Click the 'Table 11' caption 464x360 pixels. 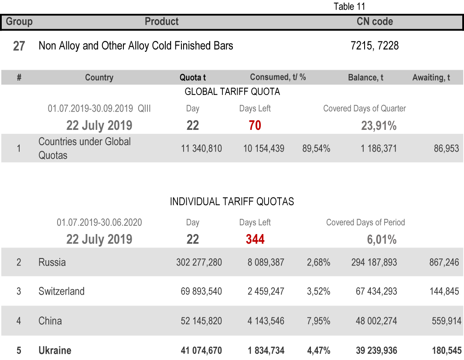coord(349,7)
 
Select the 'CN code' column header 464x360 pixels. coord(375,21)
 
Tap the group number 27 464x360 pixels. coord(19,46)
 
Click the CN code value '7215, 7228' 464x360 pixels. coord(375,46)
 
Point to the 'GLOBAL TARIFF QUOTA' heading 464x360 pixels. coord(232,92)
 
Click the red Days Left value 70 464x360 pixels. coord(255,126)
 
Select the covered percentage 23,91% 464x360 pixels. coord(379,126)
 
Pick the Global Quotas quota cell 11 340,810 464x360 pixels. coord(201,149)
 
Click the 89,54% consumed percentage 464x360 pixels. coord(316,149)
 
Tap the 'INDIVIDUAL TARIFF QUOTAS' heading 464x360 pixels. coord(232,201)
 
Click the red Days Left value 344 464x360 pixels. coord(255,239)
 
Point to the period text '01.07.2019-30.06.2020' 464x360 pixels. coord(99,222)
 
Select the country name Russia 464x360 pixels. coord(52,262)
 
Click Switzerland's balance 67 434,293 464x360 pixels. coord(376,291)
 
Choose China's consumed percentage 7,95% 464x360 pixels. coord(318,321)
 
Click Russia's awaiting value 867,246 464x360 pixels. coord(444,262)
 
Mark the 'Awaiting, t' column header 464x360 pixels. coord(431,78)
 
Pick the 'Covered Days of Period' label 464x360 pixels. coord(365,222)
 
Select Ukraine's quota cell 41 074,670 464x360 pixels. coord(201,350)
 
